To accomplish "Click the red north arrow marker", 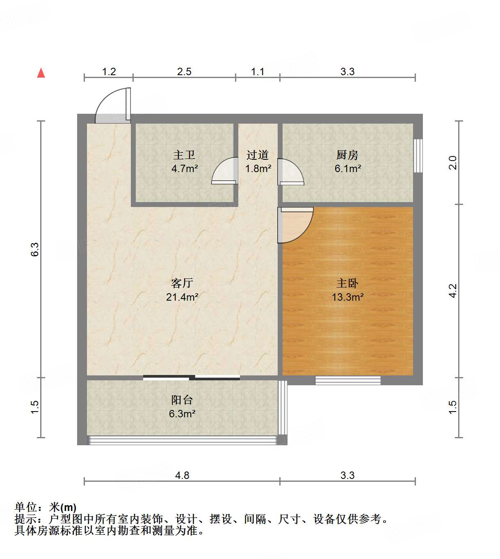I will (41, 73).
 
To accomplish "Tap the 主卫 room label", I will (184, 155).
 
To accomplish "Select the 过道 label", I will (258, 155).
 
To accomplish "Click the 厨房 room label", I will (347, 155).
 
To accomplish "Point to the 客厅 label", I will (182, 283).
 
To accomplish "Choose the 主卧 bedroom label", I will (347, 283).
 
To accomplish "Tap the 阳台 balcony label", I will (182, 400).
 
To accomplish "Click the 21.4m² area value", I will (182, 297).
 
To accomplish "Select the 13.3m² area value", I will (347, 297).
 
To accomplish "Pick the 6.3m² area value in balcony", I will (182, 414).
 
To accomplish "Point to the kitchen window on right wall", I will (418, 156).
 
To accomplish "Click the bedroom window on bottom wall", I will (348, 380).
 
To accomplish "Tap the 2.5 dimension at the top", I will (184, 71).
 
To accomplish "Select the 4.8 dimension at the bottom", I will (182, 475).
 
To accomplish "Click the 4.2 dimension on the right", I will (452, 291).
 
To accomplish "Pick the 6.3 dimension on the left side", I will (35, 249).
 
